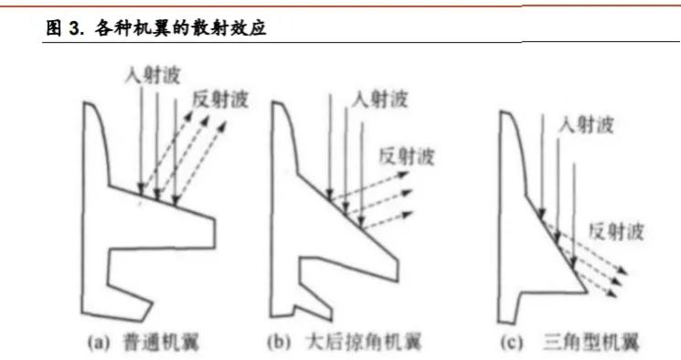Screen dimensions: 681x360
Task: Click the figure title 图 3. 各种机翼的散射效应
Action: [156, 28]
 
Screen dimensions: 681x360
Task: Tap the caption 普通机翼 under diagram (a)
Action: [162, 343]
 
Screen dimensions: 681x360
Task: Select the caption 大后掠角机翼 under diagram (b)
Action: [364, 343]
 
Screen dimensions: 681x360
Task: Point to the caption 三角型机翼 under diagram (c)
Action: [591, 343]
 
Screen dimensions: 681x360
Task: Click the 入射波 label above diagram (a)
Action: [153, 76]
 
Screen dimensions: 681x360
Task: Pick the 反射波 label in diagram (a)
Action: [220, 100]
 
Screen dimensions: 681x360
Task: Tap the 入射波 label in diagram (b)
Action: [380, 100]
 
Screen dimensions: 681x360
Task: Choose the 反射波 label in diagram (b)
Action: [407, 156]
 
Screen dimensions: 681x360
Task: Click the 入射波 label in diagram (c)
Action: [586, 125]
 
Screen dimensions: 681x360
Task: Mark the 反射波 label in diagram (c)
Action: [616, 231]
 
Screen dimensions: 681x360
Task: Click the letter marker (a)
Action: [99, 343]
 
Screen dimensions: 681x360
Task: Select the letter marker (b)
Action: [279, 343]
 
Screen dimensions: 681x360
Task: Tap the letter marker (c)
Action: [512, 343]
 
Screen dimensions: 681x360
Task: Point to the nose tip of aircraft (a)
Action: [85, 103]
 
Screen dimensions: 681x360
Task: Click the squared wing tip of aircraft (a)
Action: [215, 233]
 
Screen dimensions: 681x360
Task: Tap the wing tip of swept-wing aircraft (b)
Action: [398, 270]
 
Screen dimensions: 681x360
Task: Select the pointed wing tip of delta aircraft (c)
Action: [586, 291]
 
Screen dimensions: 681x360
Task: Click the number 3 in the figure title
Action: [73, 29]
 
